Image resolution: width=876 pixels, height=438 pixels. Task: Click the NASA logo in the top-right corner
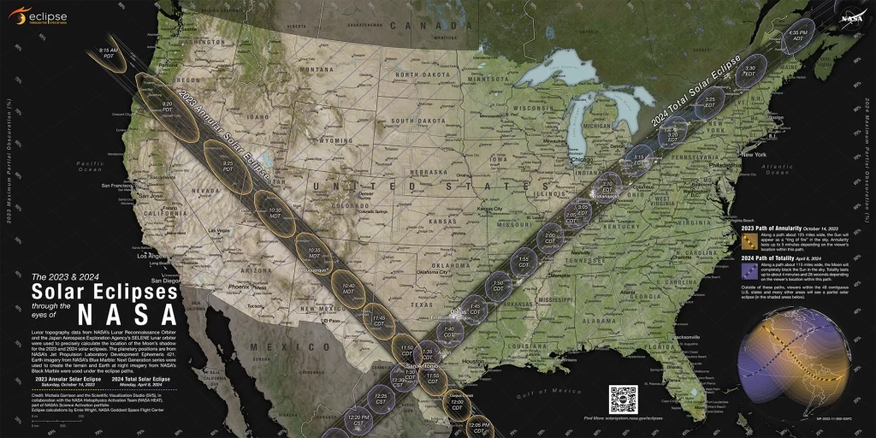851,16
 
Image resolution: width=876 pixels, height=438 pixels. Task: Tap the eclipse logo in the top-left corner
38,15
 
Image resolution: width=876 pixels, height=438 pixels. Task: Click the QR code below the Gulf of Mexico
623,400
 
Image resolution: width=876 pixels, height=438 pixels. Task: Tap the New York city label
754,155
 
